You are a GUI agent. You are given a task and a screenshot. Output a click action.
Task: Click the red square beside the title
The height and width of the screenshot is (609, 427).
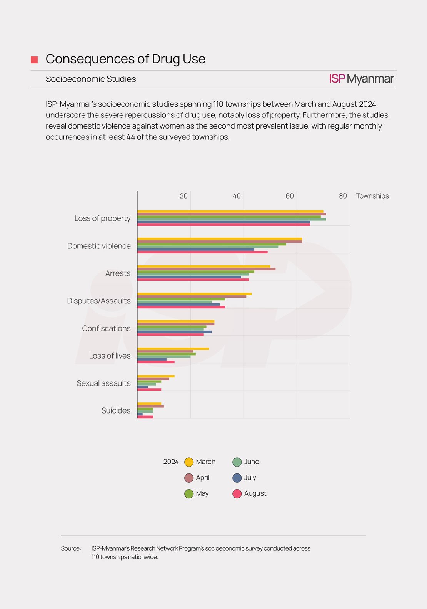pos(34,60)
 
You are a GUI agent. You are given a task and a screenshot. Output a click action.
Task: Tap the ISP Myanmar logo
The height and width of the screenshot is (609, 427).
pos(361,79)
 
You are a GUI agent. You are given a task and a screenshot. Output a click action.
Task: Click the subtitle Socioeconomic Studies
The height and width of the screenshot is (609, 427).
pos(91,79)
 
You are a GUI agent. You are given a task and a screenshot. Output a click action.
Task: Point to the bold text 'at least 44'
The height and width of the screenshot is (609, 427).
pos(117,137)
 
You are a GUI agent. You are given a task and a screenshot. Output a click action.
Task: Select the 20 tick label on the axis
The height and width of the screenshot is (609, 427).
pos(183,196)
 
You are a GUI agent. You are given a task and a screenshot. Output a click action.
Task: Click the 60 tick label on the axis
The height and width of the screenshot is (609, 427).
pos(290,196)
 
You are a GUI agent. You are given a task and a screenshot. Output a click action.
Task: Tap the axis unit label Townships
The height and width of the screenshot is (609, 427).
pos(372,196)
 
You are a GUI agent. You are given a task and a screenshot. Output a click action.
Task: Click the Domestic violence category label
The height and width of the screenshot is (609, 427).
pos(99,246)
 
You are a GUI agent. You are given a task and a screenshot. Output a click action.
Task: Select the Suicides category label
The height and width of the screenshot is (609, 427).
pos(116,410)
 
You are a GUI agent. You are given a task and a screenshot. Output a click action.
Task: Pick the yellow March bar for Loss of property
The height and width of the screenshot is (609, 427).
pos(230,212)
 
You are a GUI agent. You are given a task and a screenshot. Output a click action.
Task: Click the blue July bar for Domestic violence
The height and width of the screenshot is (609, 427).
pos(196,249)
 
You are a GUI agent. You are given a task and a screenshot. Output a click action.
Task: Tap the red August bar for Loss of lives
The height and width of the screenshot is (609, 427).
pos(156,362)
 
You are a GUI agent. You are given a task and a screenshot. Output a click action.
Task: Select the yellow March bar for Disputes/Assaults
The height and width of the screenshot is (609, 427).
pos(194,294)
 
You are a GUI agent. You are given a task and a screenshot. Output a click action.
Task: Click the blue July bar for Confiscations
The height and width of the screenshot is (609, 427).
pos(175,332)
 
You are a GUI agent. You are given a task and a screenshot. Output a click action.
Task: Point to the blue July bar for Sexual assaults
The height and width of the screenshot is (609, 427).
pos(143,387)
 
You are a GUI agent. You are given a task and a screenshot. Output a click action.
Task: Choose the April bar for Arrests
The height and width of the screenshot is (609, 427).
pos(207,269)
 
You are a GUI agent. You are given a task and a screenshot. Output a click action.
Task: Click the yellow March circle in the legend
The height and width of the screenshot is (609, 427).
pos(189,462)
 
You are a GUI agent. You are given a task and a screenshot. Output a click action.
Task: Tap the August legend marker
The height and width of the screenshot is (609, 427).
pos(237,494)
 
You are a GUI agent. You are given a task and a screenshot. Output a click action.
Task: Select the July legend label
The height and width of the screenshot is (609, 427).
pos(250,478)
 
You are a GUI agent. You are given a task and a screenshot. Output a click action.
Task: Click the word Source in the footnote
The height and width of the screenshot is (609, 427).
pos(71,548)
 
